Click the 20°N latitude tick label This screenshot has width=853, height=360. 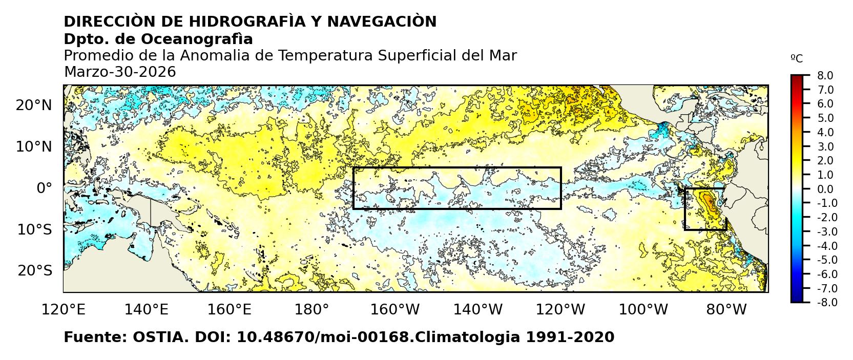(x=34, y=105)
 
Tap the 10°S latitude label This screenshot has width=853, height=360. (x=34, y=229)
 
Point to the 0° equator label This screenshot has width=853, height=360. (x=44, y=188)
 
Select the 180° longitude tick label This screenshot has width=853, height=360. (x=312, y=309)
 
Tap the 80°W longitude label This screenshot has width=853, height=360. (x=726, y=309)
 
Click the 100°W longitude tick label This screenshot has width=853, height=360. (x=643, y=309)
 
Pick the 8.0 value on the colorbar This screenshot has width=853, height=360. (x=825, y=76)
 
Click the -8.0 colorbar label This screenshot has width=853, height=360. (x=826, y=303)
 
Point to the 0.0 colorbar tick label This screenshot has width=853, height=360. (x=825, y=189)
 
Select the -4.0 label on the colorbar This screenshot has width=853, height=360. (x=826, y=246)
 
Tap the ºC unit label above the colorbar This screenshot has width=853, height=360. (x=797, y=59)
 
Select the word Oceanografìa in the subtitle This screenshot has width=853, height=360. (x=197, y=39)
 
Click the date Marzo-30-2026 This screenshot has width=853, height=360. (x=120, y=72)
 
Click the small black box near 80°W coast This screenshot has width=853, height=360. (x=705, y=209)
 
